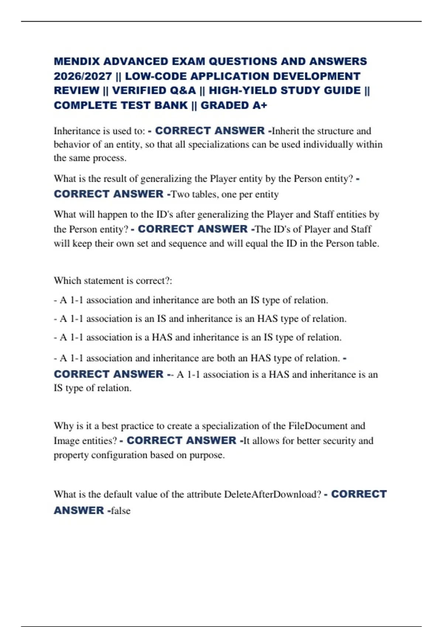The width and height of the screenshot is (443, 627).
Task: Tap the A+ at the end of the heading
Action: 260,105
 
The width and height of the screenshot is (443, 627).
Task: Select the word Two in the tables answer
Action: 180,194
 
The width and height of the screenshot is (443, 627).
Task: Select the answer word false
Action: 121,511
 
